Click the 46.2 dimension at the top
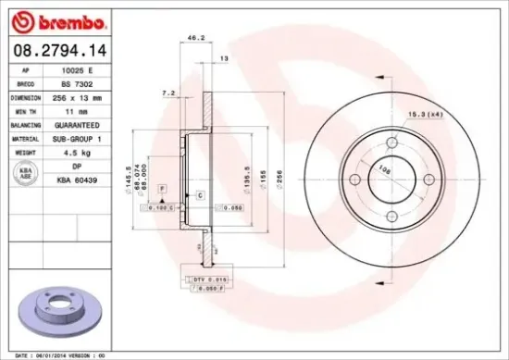[x=195, y=38]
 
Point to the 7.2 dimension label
[x=168, y=93]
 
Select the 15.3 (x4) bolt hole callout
[x=424, y=114]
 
